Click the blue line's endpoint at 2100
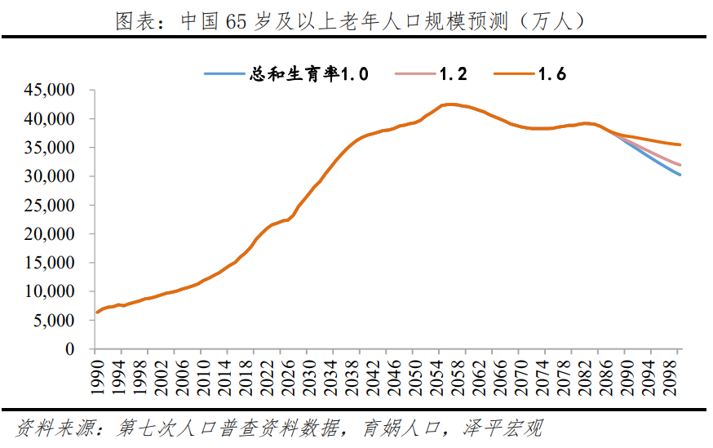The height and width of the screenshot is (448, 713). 680,175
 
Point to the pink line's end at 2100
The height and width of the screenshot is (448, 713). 680,165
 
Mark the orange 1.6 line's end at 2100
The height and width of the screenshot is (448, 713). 680,144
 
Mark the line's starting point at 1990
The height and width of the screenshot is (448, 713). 97,312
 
